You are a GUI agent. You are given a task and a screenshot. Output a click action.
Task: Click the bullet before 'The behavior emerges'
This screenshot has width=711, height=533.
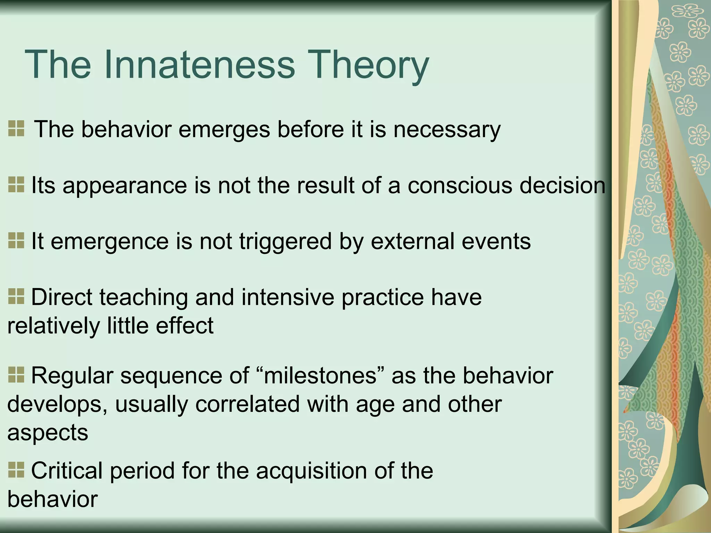(16, 129)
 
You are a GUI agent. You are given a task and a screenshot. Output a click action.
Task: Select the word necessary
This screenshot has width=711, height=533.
(447, 129)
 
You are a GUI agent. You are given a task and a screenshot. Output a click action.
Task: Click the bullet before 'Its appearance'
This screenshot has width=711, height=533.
(16, 185)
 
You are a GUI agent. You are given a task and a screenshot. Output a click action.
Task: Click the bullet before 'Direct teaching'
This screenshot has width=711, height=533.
(16, 297)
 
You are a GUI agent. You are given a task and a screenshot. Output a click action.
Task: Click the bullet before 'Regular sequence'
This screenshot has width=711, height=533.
(16, 375)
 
